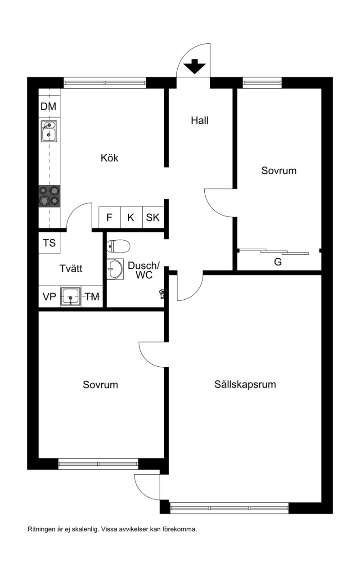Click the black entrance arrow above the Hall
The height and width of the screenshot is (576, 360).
[x=195, y=66]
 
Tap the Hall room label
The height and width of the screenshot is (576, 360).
[x=199, y=120]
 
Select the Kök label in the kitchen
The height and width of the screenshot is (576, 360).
[x=109, y=157]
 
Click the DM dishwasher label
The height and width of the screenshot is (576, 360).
[x=48, y=106]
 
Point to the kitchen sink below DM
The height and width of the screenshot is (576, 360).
[x=49, y=131]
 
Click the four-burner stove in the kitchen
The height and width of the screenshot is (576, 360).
[x=49, y=196]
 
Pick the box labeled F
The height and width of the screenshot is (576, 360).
[x=109, y=217]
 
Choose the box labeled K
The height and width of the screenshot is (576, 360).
[x=131, y=217]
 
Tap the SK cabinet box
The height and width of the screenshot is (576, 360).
[x=153, y=217]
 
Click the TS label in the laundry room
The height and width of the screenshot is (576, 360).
[x=49, y=243]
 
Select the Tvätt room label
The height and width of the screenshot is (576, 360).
[x=71, y=269]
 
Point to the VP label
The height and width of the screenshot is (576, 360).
[x=49, y=297]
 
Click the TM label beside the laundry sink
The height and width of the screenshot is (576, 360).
[x=92, y=297]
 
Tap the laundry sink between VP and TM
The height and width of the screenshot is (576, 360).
[x=71, y=297]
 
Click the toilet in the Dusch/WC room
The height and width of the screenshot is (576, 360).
[x=118, y=246]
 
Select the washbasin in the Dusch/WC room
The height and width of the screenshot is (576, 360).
[x=115, y=269]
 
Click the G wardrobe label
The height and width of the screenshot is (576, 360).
[x=278, y=262]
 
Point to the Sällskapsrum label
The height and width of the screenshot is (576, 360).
[x=245, y=384]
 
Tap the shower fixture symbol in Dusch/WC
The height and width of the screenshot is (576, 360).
[x=162, y=294]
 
